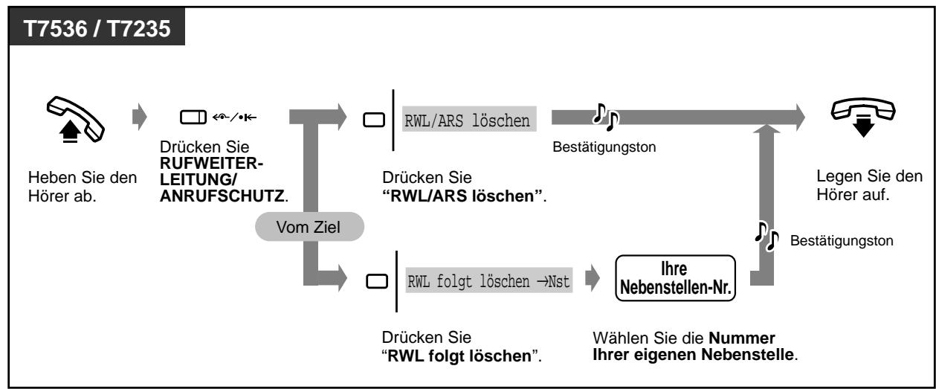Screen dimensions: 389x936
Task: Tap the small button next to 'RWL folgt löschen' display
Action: (x=377, y=282)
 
